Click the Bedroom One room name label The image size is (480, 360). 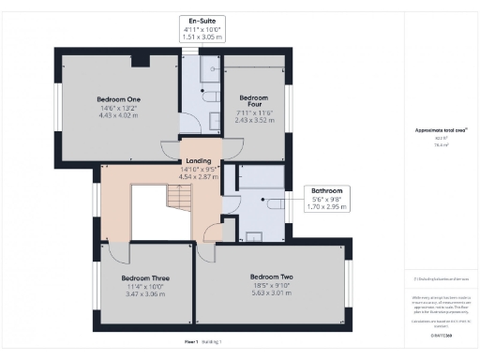pyautogui.click(x=118, y=98)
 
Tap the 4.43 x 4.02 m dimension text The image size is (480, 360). pyautogui.click(x=118, y=115)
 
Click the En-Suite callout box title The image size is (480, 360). pyautogui.click(x=202, y=21)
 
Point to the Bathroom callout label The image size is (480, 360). pyautogui.click(x=328, y=190)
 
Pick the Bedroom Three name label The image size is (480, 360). pyautogui.click(x=145, y=277)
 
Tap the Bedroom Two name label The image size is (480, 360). pyautogui.click(x=272, y=277)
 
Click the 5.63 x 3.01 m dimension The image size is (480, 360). pyautogui.click(x=272, y=292)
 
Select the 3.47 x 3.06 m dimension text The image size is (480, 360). pyautogui.click(x=145, y=294)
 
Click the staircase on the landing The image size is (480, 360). pyautogui.click(x=178, y=198)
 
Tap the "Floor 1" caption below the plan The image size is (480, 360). pyautogui.click(x=195, y=342)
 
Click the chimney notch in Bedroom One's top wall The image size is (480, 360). pyautogui.click(x=141, y=60)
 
